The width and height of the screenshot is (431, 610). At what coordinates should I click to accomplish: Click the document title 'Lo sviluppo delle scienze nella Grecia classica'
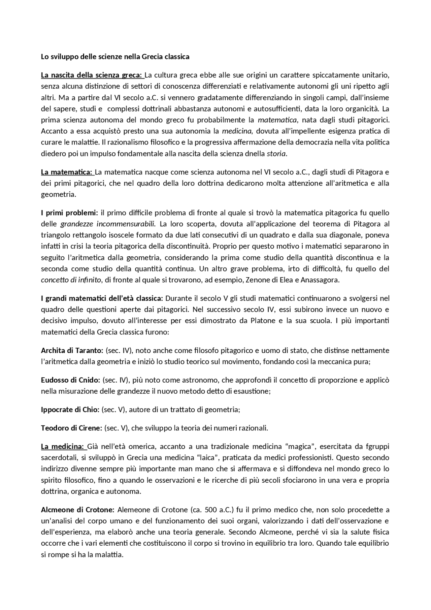click(115, 57)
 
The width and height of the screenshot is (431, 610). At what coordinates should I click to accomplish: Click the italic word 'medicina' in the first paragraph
click(236, 131)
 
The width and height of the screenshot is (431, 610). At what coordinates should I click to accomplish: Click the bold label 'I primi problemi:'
click(69, 213)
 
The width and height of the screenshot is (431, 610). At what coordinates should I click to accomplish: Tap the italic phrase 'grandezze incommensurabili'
click(107, 224)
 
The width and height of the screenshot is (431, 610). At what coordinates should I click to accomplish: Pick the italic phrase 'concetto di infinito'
click(71, 280)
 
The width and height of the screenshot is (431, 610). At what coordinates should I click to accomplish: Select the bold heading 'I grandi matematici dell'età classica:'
click(102, 298)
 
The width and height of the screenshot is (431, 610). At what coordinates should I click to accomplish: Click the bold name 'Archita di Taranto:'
click(72, 350)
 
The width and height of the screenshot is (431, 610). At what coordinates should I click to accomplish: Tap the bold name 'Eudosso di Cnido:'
click(70, 380)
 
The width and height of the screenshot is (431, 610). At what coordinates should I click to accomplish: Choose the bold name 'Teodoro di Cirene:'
click(71, 428)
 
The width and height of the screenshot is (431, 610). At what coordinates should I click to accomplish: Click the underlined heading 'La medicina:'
click(63, 447)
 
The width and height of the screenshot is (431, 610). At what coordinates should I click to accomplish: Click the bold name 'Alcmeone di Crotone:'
click(78, 510)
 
